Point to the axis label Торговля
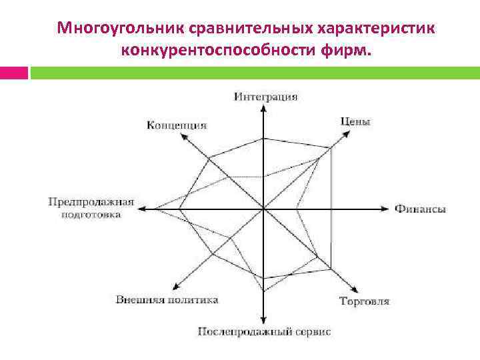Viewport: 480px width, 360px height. coord(364,301)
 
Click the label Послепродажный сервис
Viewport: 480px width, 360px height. coord(264,331)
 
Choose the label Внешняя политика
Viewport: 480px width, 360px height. coord(167,300)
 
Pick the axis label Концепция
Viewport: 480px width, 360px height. coord(176,125)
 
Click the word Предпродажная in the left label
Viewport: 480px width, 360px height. coord(91,201)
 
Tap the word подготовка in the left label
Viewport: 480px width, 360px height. coord(91,215)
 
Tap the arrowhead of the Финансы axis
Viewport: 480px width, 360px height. coord(385,209)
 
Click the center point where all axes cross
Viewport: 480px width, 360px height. coord(265,209)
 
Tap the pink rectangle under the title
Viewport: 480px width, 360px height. coord(13,73)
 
